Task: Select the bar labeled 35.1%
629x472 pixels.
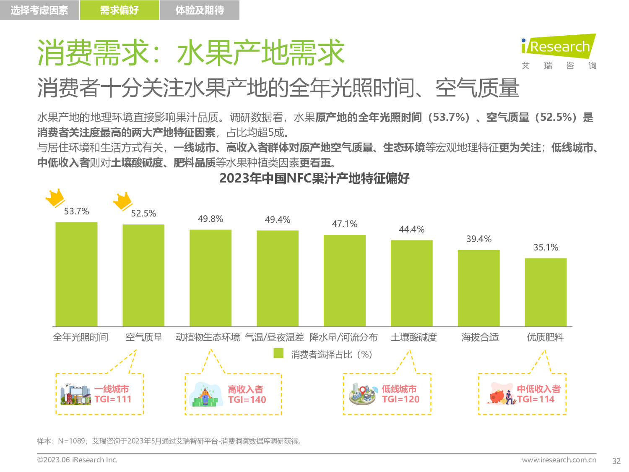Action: click(x=546, y=292)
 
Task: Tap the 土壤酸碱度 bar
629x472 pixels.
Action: click(x=411, y=283)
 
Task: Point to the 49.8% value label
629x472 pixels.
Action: click(x=211, y=219)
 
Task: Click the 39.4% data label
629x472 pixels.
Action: click(x=479, y=239)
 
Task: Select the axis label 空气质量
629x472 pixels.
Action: click(x=144, y=337)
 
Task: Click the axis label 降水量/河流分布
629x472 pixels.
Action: click(x=343, y=337)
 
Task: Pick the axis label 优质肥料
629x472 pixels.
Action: click(x=545, y=337)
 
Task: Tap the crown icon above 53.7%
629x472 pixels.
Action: click(x=55, y=198)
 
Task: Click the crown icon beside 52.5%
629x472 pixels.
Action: click(x=122, y=201)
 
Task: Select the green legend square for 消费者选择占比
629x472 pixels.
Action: click(x=278, y=353)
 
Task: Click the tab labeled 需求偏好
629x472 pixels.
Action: click(x=120, y=10)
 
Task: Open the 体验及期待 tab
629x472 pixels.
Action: click(x=200, y=10)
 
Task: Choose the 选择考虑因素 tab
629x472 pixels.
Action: click(x=39, y=10)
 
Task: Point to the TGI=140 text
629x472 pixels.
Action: click(x=247, y=400)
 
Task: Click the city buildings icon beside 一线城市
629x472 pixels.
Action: click(x=75, y=394)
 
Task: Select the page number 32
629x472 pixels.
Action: click(x=616, y=461)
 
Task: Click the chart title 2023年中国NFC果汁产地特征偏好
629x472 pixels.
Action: click(x=314, y=179)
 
